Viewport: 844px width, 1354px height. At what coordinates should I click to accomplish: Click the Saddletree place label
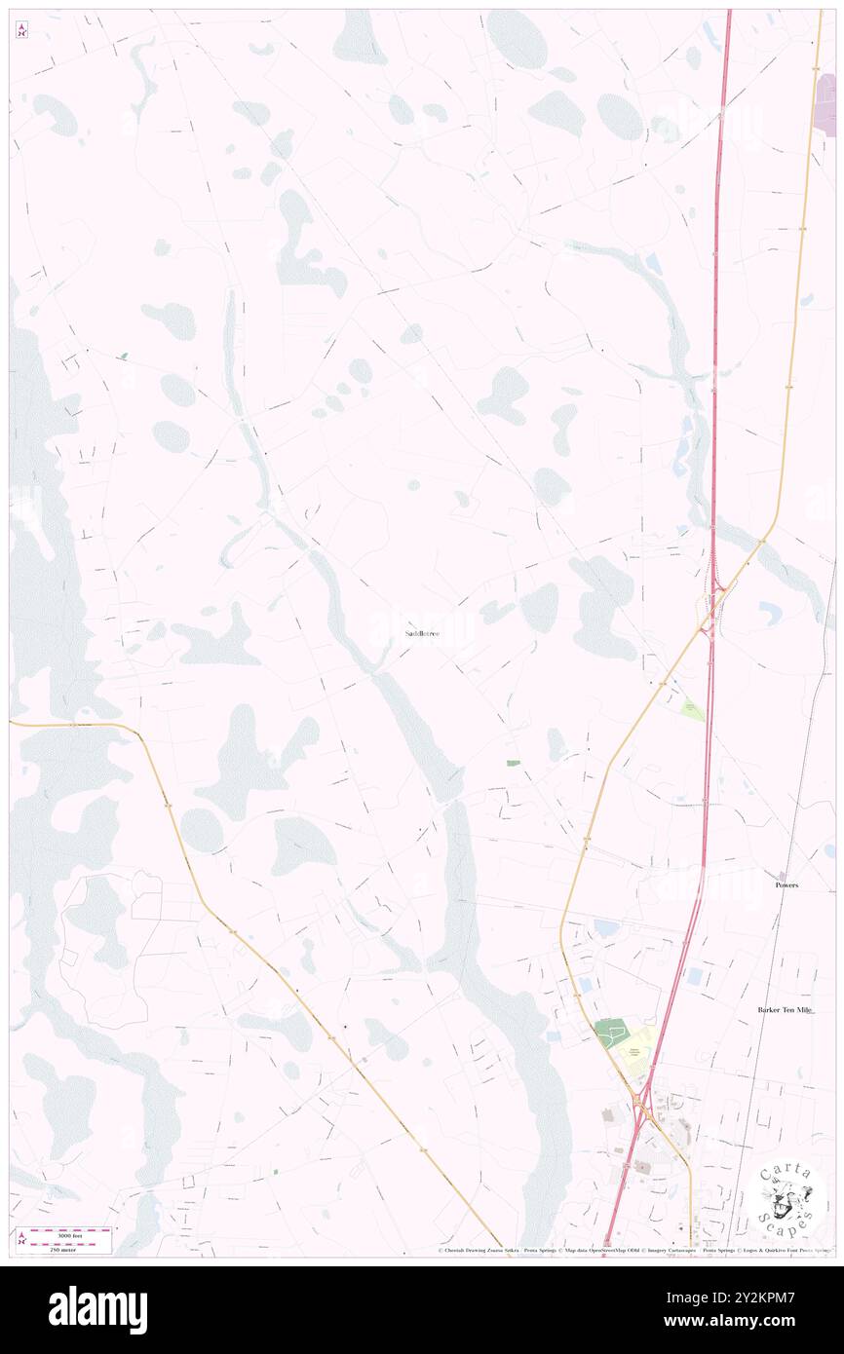click(x=422, y=634)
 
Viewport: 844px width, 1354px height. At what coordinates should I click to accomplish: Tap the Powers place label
click(x=786, y=885)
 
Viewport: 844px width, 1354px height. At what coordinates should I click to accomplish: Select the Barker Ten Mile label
click(x=785, y=1010)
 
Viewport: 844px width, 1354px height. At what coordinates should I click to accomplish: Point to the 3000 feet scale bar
click(x=64, y=1233)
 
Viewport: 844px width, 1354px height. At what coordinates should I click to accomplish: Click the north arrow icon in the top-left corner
click(x=21, y=30)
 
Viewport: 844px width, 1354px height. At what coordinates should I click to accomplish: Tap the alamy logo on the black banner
click(x=97, y=1310)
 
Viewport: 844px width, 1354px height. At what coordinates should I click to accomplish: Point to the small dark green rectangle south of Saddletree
click(x=513, y=762)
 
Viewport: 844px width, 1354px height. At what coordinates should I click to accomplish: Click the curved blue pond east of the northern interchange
click(x=771, y=613)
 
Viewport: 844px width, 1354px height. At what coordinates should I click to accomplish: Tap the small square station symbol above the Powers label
click(x=781, y=875)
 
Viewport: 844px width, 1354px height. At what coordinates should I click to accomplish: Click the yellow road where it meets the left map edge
click(x=13, y=723)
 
